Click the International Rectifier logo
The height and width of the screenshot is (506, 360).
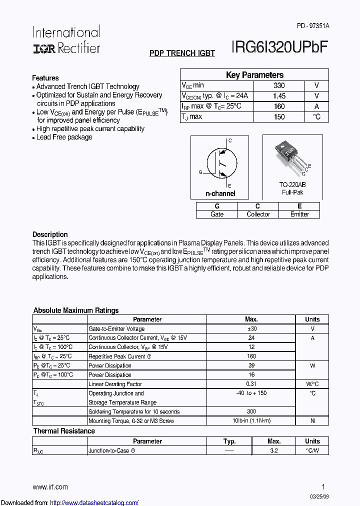[66, 40]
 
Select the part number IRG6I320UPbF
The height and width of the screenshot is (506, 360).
[279, 47]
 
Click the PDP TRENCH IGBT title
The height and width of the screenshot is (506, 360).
[182, 53]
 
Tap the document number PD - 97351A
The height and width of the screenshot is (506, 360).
[313, 25]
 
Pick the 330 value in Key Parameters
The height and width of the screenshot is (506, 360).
[279, 85]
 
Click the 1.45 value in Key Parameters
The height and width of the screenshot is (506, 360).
[279, 95]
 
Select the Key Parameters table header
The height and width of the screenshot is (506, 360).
[254, 75]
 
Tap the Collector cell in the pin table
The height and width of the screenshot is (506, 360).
[258, 214]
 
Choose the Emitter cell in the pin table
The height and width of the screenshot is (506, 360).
[299, 214]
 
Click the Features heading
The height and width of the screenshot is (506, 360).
[45, 78]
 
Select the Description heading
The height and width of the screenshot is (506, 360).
[50, 234]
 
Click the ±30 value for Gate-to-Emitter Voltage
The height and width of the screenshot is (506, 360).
[251, 328]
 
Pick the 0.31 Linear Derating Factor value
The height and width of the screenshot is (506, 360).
[251, 384]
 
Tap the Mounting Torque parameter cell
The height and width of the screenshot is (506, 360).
[131, 421]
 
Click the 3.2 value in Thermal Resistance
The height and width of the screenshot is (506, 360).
[274, 450]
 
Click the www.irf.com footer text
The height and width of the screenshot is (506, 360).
[50, 486]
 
